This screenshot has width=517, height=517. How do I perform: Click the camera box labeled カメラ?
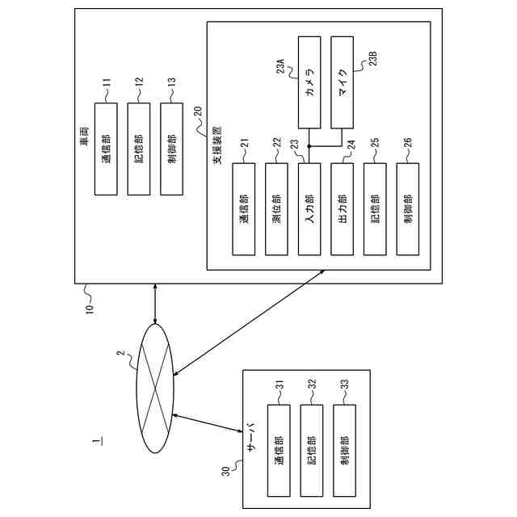point(309,82)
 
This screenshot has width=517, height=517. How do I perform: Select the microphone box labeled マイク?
point(343,82)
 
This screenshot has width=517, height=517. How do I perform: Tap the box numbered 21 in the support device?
point(244,209)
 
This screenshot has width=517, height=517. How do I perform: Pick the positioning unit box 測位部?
point(277,209)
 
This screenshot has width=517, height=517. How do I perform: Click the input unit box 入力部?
point(309,209)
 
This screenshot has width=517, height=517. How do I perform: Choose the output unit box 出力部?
point(343,209)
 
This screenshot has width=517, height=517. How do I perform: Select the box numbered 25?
point(376,209)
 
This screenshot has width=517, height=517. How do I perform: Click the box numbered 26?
point(409,209)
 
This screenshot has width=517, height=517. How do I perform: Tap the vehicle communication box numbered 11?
point(106,149)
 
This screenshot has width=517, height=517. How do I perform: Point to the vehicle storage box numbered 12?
point(139,149)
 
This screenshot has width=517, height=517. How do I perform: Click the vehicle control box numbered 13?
point(172,149)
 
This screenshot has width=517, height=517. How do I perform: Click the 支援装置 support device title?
point(217,147)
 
